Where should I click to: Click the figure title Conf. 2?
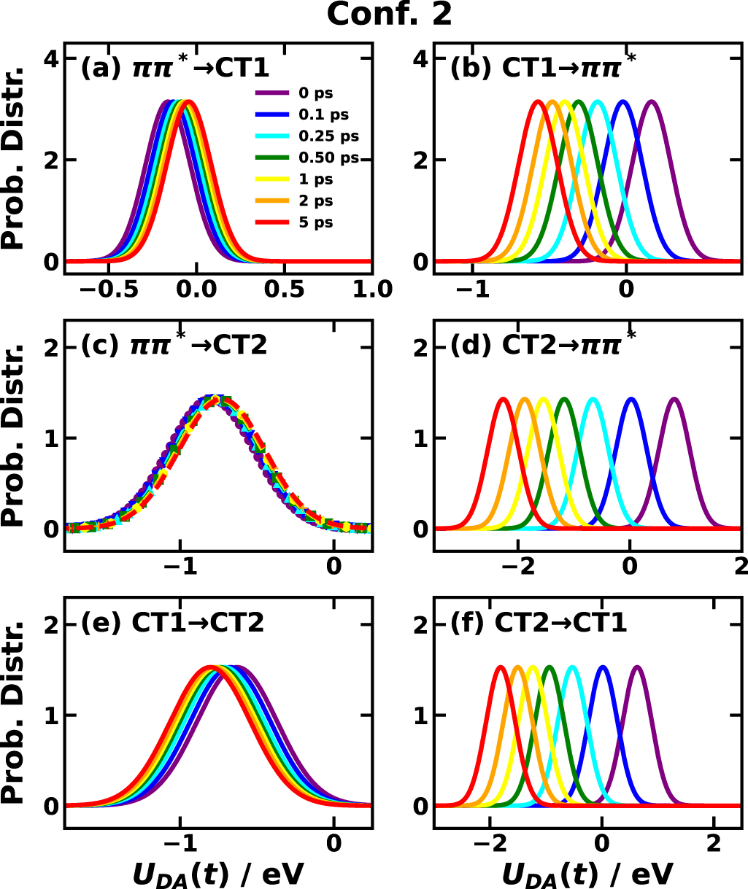click(x=390, y=15)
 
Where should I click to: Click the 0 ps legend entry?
click(x=306, y=93)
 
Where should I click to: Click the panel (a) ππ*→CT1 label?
click(x=174, y=69)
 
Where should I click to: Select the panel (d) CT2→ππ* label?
click(x=544, y=343)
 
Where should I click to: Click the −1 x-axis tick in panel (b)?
click(x=474, y=289)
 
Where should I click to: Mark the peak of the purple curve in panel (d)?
click(x=675, y=399)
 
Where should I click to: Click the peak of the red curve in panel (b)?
click(x=539, y=102)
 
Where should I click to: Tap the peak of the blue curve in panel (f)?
click(x=603, y=667)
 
